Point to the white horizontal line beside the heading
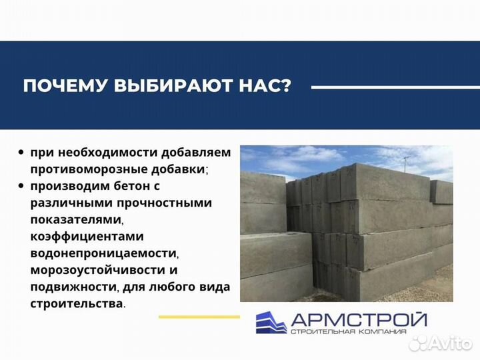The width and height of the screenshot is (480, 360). click(387, 87)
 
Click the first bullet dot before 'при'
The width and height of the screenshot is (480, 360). click(22, 153)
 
